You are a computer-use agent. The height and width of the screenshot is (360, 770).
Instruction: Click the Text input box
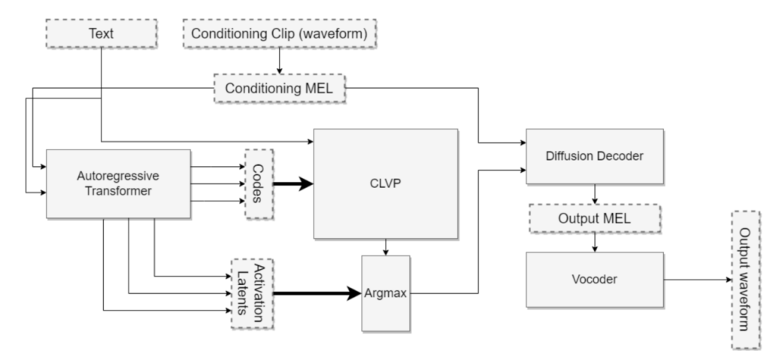tap(102, 33)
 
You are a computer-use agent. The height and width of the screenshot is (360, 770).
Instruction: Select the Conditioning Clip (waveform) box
tap(280, 33)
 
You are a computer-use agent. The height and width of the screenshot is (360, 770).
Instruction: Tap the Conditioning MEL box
tap(280, 89)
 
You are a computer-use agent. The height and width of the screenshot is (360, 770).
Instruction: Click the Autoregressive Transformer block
tap(118, 183)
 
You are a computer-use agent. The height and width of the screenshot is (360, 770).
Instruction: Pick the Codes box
tap(259, 183)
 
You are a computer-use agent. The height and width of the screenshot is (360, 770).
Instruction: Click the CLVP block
tap(386, 183)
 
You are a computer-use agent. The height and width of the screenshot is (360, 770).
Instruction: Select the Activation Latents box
tap(253, 294)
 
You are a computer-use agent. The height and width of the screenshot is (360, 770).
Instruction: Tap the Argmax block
tap(386, 293)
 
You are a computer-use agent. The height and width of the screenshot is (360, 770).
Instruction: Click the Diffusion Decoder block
tap(595, 156)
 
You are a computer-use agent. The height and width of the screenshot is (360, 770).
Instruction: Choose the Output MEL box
tap(595, 218)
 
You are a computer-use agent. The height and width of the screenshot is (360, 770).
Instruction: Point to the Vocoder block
tap(595, 280)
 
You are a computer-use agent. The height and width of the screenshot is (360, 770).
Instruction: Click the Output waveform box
tap(746, 280)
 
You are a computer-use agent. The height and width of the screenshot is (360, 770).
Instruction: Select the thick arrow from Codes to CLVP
tap(293, 183)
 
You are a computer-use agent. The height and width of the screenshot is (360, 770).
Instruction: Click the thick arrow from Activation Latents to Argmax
tap(317, 294)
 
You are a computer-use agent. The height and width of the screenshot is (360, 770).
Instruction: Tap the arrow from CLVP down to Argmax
tap(386, 247)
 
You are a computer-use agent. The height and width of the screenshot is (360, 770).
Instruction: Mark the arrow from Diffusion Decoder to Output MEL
tap(595, 194)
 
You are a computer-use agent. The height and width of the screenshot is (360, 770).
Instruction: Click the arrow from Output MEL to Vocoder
tap(595, 242)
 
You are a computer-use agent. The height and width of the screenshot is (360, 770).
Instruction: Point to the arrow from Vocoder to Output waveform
tap(698, 280)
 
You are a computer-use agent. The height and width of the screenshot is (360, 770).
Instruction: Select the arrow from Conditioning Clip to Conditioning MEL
tap(280, 61)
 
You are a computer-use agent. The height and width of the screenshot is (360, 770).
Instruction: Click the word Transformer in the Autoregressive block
tap(118, 191)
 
